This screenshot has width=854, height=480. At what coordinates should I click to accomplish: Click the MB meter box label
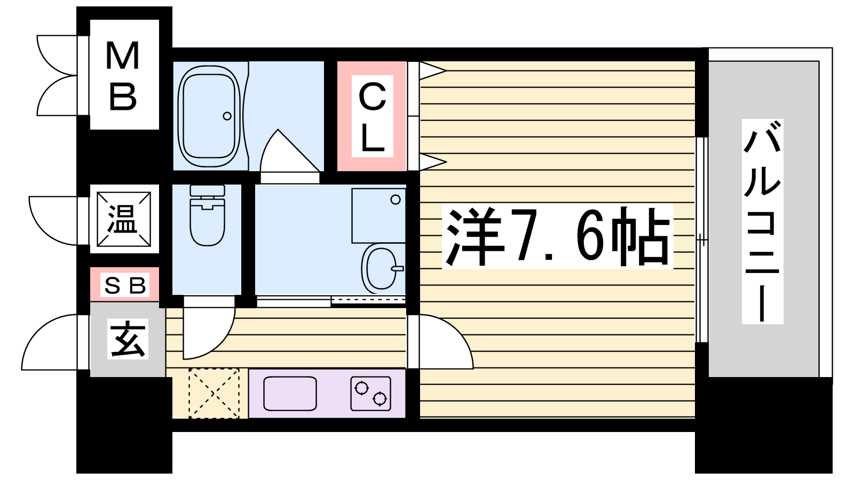[123, 76]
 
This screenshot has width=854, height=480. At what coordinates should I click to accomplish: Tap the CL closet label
[373, 117]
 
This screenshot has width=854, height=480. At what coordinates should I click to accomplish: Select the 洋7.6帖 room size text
[558, 237]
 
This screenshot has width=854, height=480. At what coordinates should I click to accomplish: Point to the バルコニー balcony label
[763, 221]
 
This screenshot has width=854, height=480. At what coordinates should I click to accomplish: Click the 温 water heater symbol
[124, 219]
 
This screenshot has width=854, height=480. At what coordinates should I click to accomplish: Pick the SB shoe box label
[125, 285]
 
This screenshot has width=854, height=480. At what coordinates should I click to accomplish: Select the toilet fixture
[208, 215]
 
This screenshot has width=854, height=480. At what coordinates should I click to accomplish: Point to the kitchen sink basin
[290, 394]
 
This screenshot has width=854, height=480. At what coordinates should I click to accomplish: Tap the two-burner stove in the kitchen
[370, 394]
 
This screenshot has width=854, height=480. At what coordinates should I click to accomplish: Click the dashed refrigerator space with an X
[214, 393]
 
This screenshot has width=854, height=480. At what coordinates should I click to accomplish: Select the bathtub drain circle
[227, 116]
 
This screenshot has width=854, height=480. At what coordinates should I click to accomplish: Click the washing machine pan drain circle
[396, 199]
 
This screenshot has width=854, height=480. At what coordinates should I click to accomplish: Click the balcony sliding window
[702, 240]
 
